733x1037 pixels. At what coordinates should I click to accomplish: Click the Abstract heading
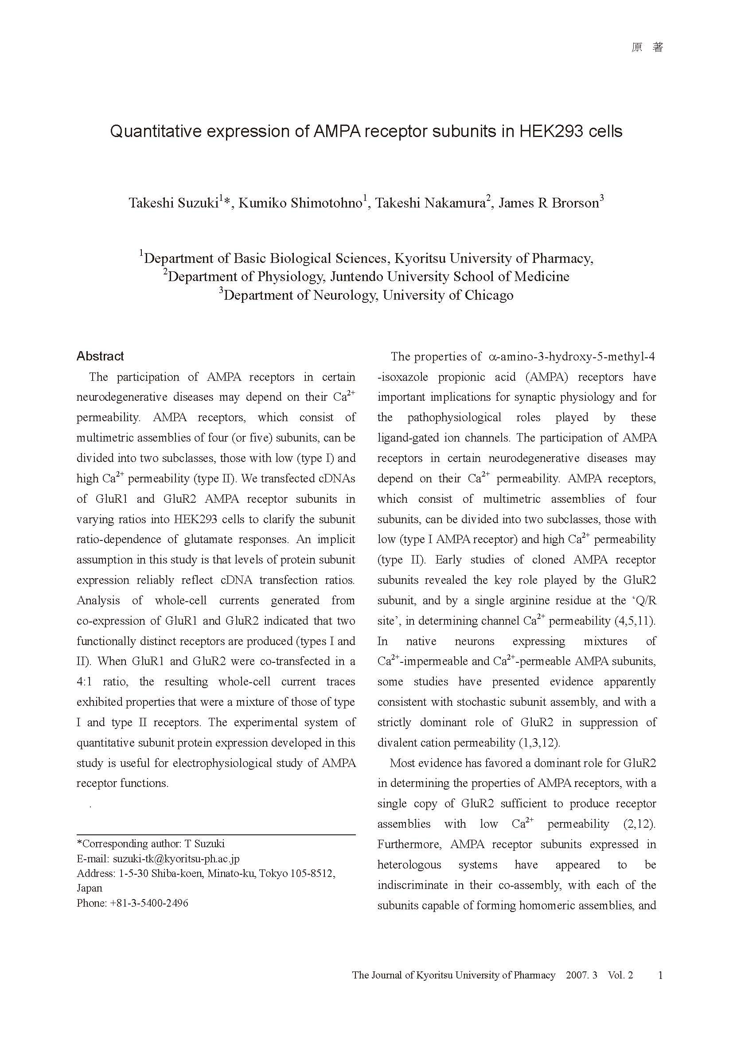click(100, 356)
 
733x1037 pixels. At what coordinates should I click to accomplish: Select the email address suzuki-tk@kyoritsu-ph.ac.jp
click(176, 859)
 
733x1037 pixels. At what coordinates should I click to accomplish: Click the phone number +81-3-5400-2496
click(149, 903)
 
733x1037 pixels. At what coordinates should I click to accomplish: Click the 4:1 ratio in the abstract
click(84, 681)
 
